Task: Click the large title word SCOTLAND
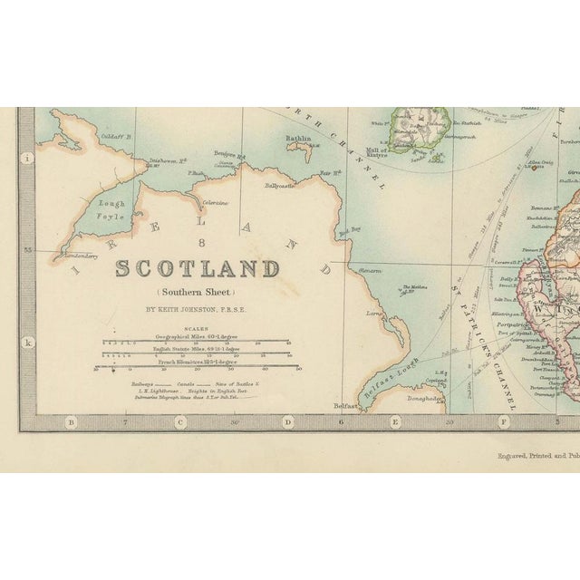[197, 269]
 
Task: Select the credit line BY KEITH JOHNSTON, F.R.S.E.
[197, 308]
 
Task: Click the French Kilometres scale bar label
[197, 362]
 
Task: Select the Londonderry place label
[75, 257]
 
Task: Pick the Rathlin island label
[298, 140]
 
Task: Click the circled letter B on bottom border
[72, 421]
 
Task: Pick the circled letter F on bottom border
[504, 421]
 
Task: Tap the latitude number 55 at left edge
[28, 248]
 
